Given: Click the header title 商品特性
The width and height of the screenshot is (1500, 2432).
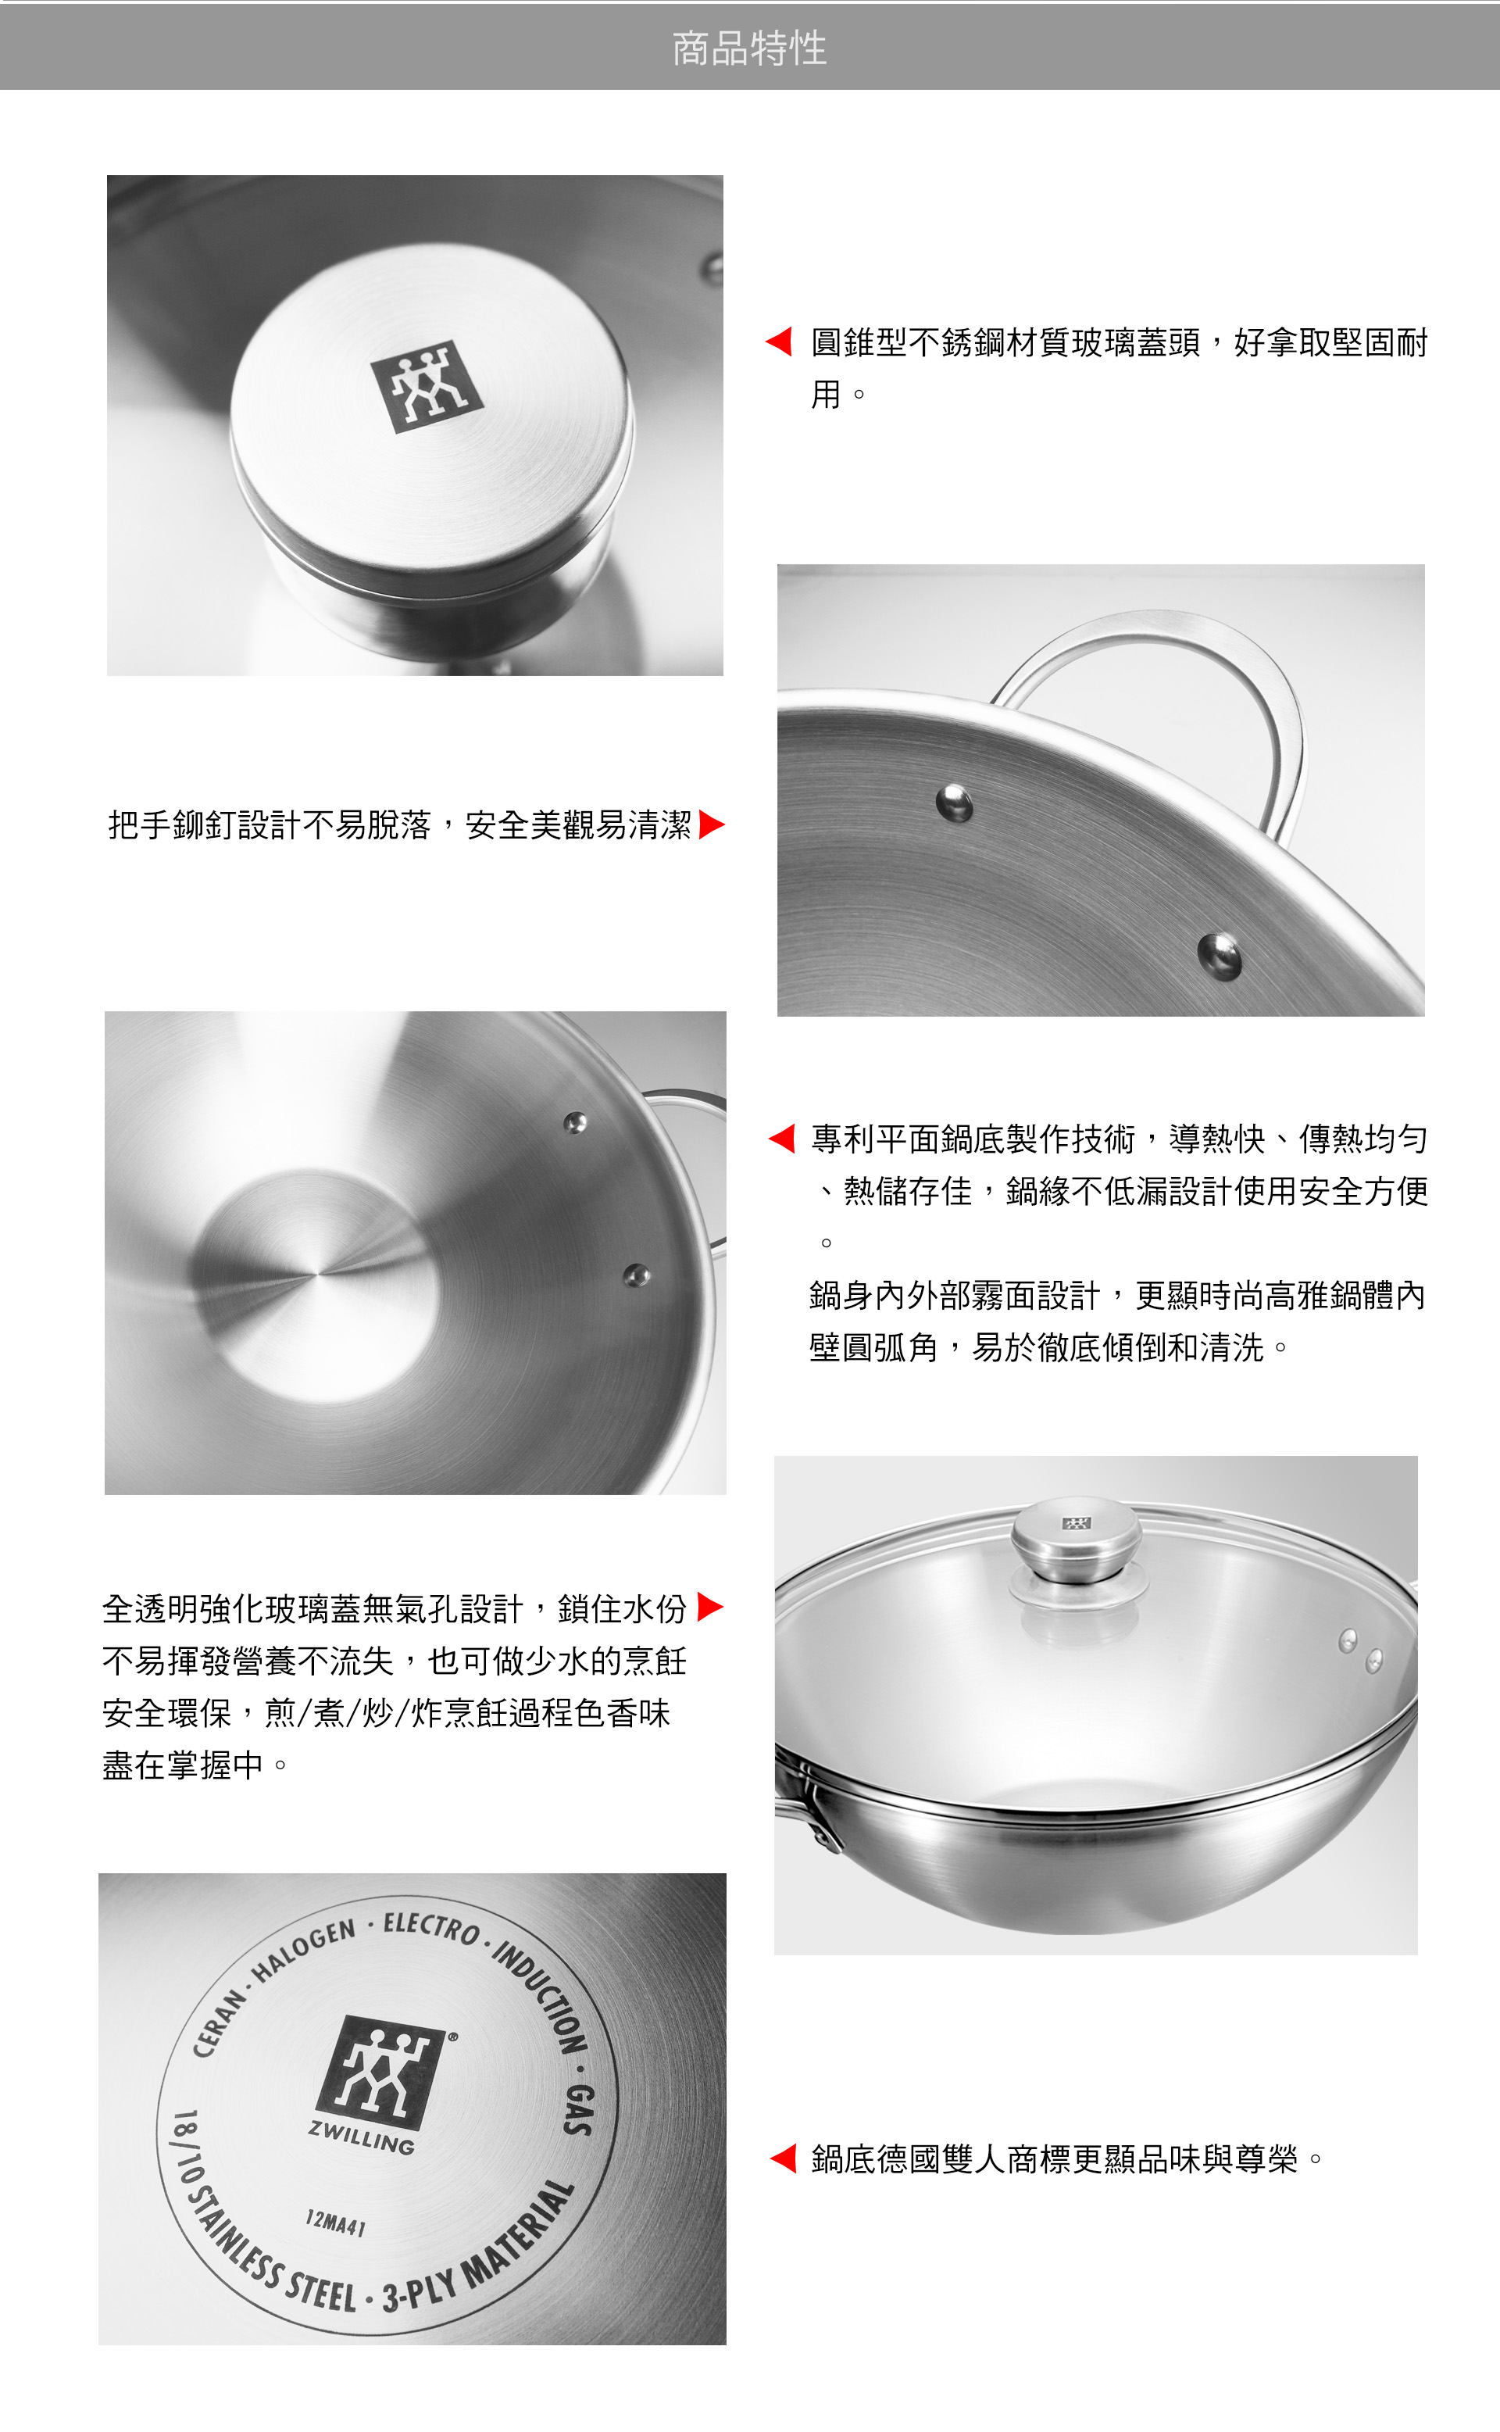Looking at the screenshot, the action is [749, 48].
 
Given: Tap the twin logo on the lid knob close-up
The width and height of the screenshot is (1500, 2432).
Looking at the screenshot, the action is [427, 387].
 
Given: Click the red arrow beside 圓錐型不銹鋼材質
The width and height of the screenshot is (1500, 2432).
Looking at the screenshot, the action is [779, 342].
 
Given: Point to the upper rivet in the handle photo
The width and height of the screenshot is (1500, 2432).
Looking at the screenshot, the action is [955, 802].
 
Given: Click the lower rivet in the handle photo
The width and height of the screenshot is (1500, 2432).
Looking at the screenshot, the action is [1220, 954].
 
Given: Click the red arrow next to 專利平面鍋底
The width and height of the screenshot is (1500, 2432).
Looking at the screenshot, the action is [782, 1138].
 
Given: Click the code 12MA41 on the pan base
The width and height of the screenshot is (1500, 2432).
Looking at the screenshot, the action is [335, 2223].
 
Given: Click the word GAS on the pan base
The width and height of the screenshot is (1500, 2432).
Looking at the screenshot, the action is [580, 2108].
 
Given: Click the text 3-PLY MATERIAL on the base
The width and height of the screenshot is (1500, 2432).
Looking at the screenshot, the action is [478, 2248].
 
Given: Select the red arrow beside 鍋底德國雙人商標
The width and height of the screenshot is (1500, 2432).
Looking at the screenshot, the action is [783, 2158].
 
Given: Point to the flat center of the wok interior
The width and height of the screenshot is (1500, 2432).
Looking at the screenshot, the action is [316, 1273].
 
